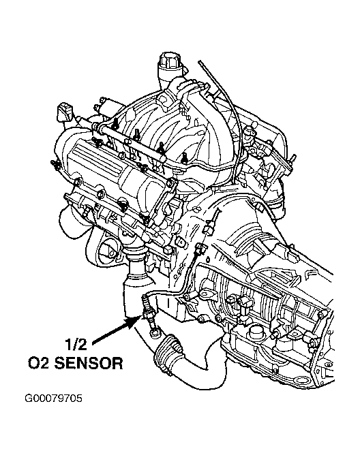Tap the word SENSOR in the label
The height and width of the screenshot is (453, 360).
(88, 363)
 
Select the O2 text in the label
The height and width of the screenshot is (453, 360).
(39, 363)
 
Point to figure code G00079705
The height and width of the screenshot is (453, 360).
(53, 399)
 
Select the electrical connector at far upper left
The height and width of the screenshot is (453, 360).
(64, 112)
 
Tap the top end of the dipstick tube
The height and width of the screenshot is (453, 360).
(200, 62)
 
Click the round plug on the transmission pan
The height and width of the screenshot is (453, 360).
(255, 332)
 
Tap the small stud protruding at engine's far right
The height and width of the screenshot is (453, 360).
(292, 158)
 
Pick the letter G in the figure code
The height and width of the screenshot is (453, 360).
(28, 399)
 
